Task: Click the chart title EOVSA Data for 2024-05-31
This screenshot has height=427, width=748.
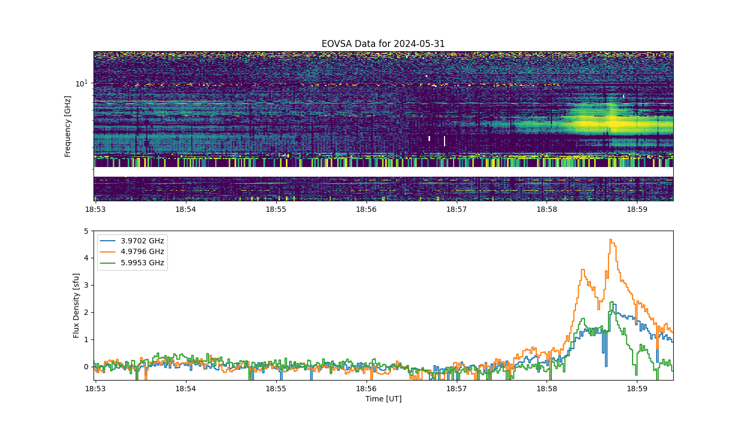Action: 383,44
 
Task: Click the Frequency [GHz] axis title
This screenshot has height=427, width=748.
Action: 67,126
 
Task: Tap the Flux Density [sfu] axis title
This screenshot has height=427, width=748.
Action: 76,305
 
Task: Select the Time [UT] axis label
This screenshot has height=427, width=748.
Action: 384,399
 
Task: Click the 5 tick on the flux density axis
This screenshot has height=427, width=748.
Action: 86,231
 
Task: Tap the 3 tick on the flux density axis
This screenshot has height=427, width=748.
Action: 86,285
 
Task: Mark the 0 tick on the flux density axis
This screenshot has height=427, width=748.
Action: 86,367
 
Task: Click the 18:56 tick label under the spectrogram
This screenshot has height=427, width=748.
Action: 367,209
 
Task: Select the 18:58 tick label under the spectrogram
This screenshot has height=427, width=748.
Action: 547,209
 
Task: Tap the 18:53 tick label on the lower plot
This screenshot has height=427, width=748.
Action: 96,389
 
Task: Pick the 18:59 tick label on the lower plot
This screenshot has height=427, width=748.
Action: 637,389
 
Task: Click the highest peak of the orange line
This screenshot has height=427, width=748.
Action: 611,240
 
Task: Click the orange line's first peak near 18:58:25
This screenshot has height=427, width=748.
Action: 583,270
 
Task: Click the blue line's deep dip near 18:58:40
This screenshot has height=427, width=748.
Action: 606,366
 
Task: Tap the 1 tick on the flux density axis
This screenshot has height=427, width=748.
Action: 86,339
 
